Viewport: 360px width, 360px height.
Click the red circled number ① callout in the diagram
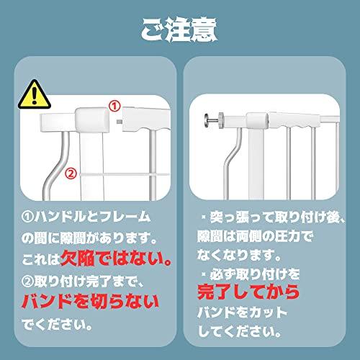(x=114, y=105)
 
